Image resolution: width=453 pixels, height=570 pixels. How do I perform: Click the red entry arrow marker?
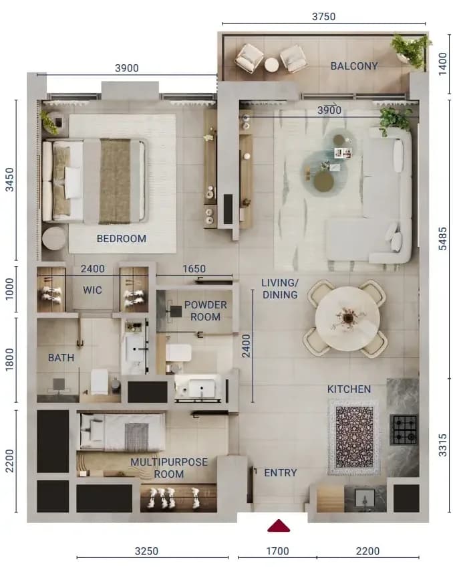pyautogui.click(x=279, y=526)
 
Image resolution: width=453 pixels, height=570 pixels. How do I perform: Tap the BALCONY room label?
pyautogui.click(x=354, y=66)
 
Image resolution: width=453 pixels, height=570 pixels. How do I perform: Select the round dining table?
pyautogui.click(x=347, y=319)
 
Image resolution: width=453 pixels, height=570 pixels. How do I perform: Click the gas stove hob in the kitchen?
pyautogui.click(x=404, y=430)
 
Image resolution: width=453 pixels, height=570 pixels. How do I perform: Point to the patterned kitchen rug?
pyautogui.click(x=354, y=437)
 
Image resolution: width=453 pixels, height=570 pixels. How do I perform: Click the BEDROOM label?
pyautogui.click(x=122, y=238)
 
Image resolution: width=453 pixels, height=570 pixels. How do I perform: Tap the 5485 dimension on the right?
pyautogui.click(x=443, y=238)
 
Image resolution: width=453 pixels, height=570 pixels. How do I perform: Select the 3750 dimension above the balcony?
pyautogui.click(x=324, y=16)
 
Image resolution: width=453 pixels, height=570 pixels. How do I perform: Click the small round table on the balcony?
pyautogui.click(x=271, y=65)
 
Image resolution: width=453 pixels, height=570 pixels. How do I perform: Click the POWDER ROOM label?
pyautogui.click(x=205, y=311)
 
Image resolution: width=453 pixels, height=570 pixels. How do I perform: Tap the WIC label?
pyautogui.click(x=92, y=290)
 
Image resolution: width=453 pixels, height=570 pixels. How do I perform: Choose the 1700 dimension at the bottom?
pyautogui.click(x=278, y=551)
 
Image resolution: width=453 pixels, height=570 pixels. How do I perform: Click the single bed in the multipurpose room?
pyautogui.click(x=122, y=432)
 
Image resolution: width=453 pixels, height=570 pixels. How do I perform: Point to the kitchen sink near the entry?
pyautogui.click(x=364, y=498)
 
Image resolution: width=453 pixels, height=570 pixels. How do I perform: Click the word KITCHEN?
pyautogui.click(x=349, y=389)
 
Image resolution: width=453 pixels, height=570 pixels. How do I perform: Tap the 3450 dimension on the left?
pyautogui.click(x=10, y=179)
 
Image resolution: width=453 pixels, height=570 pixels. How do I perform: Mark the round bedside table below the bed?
pyautogui.click(x=53, y=238)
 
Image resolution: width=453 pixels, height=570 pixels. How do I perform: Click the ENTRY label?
pyautogui.click(x=281, y=472)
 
